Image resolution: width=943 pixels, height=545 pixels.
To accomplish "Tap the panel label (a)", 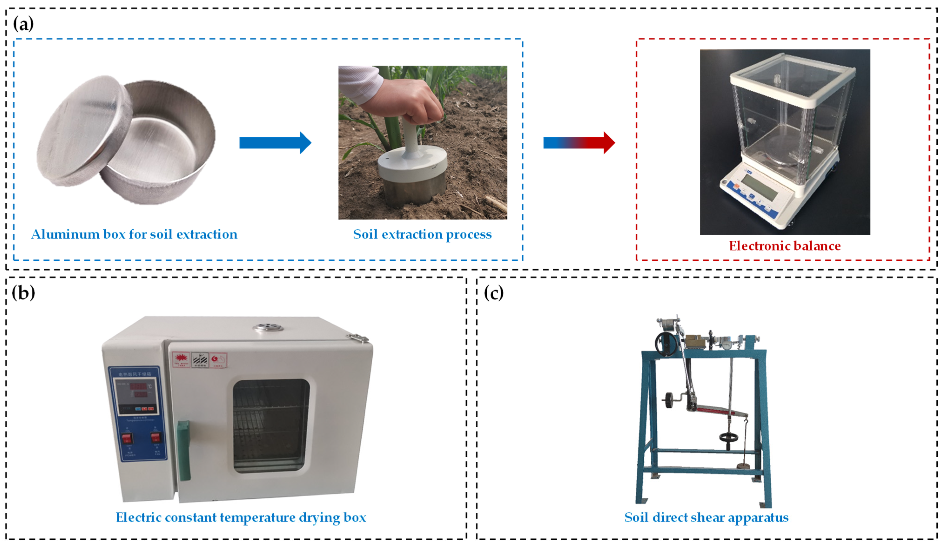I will [x=23, y=24].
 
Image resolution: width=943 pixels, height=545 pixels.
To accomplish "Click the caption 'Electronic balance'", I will [x=785, y=246].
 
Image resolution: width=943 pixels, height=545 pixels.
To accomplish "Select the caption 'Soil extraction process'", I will [x=422, y=234].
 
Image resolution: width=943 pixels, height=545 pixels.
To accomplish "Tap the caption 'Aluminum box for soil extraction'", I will [x=134, y=234].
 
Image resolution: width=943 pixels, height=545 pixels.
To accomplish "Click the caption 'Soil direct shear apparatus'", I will [x=706, y=517].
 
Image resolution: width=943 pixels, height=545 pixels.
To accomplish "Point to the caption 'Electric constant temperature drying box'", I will [x=241, y=517].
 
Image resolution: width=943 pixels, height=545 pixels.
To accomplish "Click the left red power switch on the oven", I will [x=127, y=438].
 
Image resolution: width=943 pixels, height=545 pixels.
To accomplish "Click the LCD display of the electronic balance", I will [x=760, y=187].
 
